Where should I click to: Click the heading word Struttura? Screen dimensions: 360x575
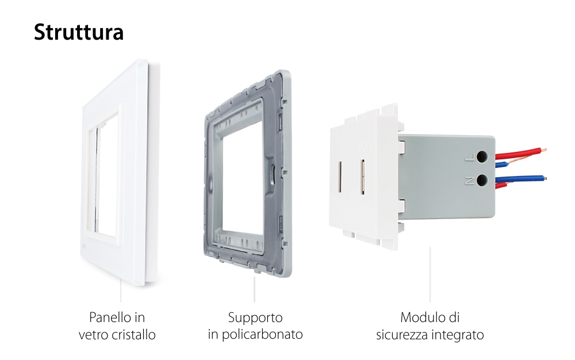pos(78,32)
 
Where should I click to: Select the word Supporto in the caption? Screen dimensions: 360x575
pos(255,317)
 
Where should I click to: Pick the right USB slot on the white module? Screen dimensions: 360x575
pos(363,176)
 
